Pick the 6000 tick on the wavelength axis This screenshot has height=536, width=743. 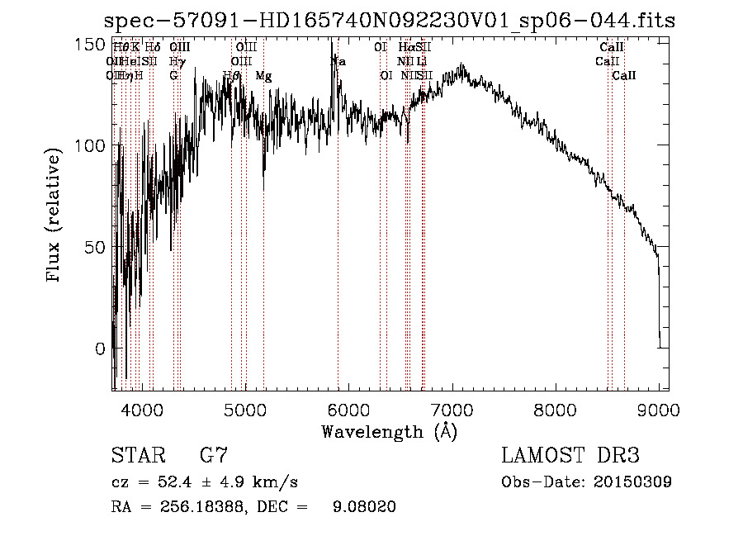click(348, 408)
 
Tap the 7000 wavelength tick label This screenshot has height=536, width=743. click(452, 408)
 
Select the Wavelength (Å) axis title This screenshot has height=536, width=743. click(389, 431)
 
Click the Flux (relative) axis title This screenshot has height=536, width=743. click(54, 216)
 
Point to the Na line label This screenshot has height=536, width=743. click(338, 62)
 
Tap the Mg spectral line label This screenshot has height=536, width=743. click(263, 76)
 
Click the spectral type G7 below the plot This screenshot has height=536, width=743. click(214, 455)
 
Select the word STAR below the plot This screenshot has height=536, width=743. click(138, 455)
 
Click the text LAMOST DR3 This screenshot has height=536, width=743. click(570, 455)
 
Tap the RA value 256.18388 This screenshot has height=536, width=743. click(193, 507)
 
